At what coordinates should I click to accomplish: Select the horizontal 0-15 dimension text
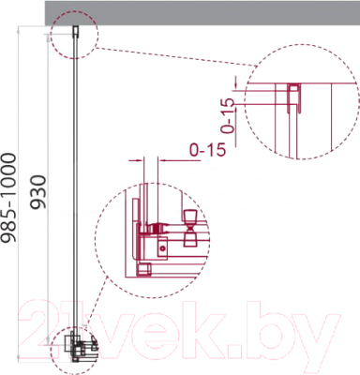[206, 148]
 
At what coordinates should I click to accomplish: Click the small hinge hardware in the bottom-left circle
[76, 349]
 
